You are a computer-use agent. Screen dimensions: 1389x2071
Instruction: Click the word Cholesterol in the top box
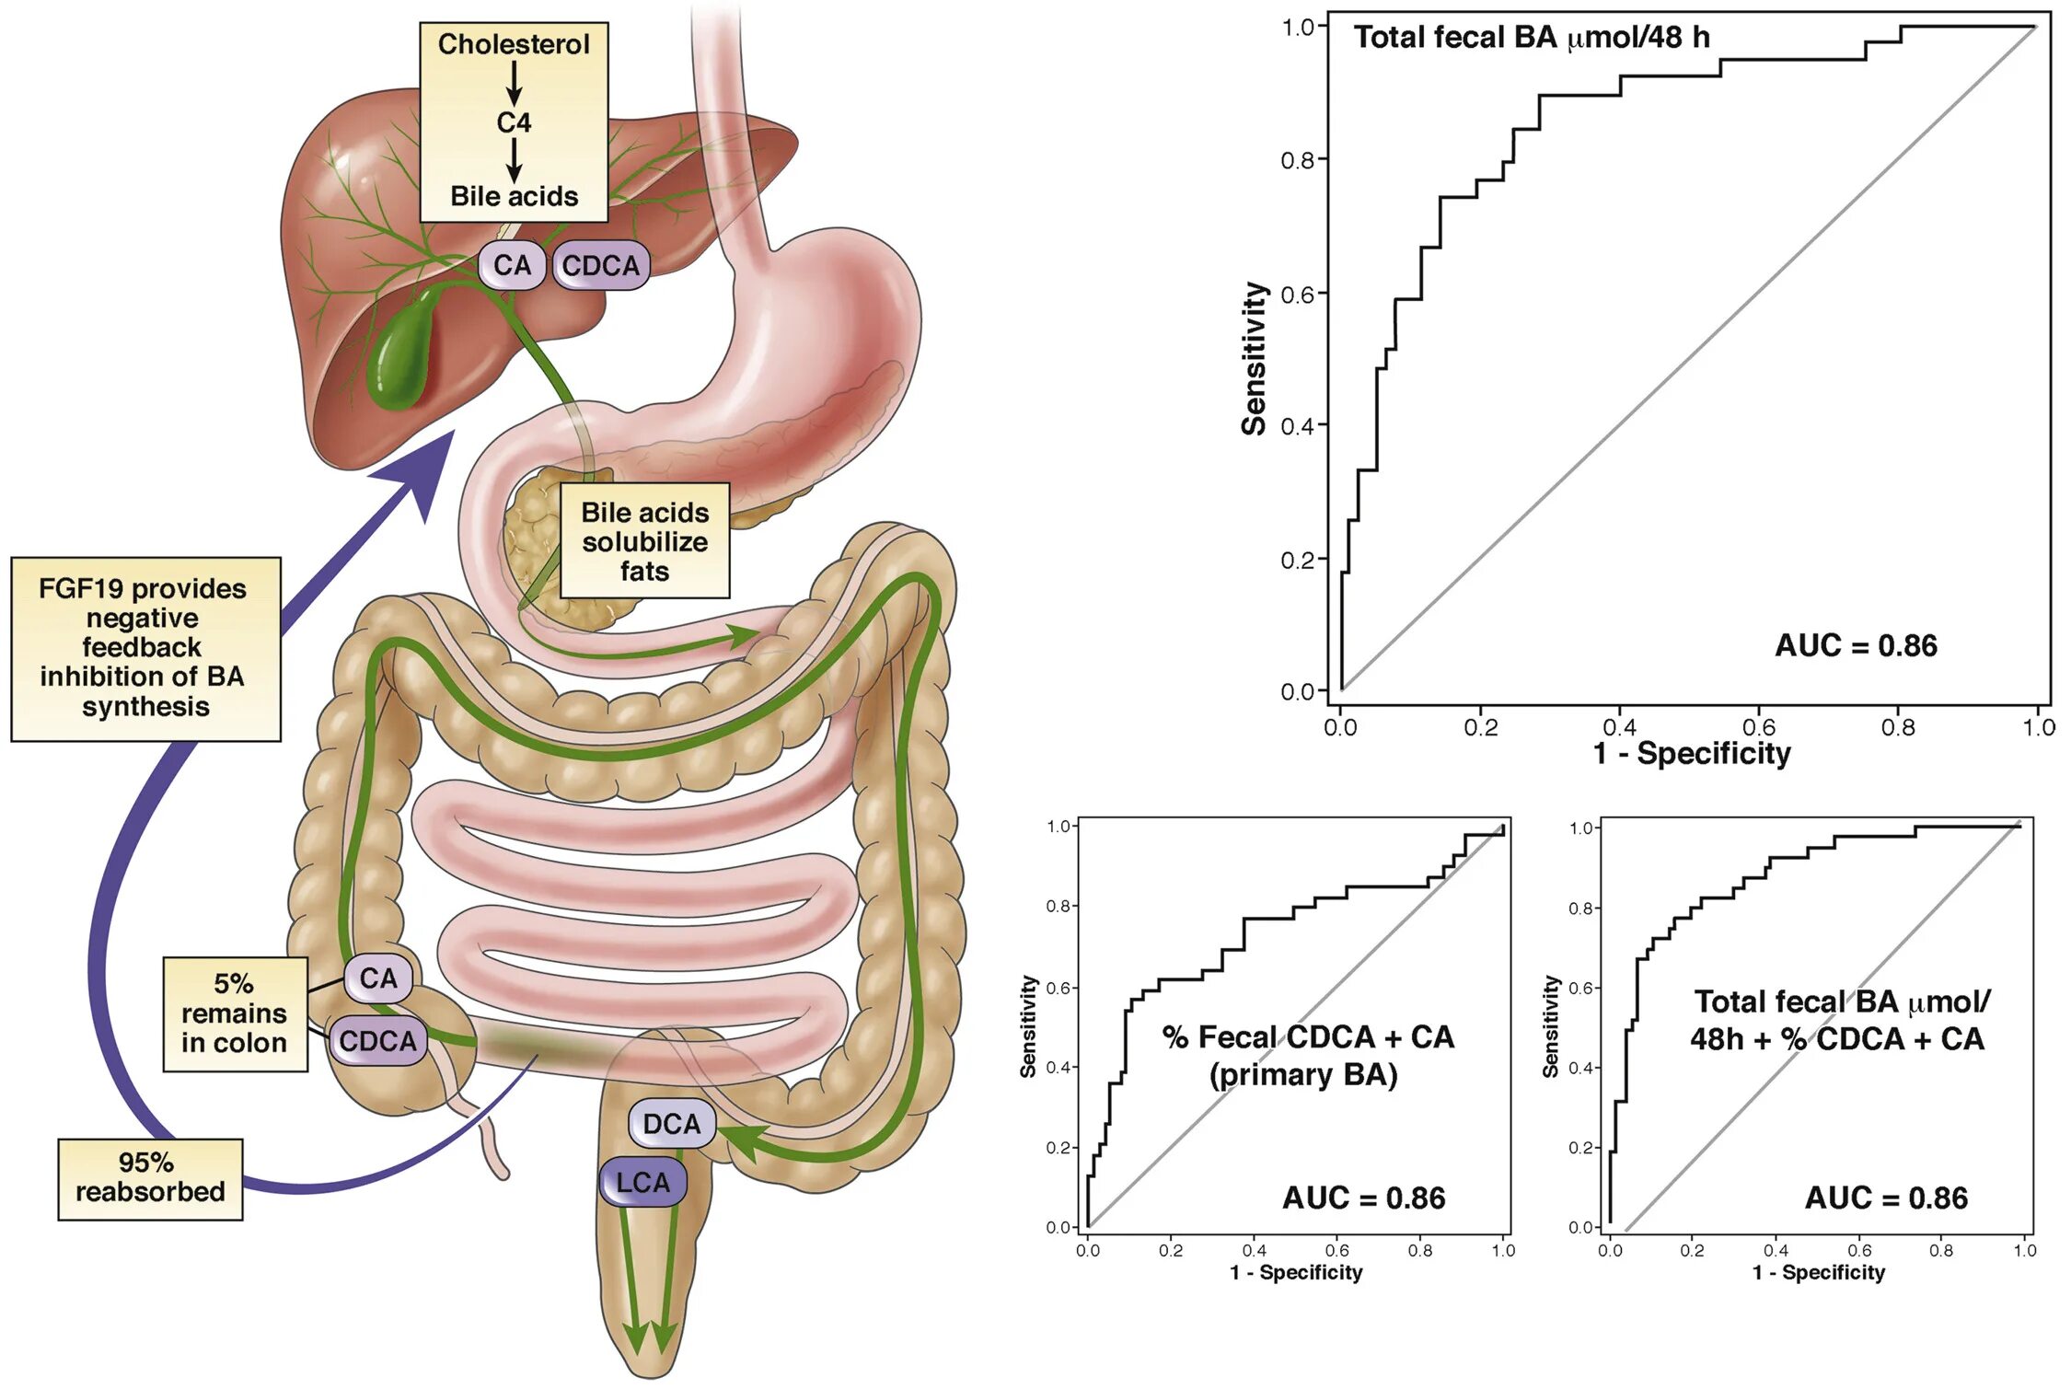coord(514,44)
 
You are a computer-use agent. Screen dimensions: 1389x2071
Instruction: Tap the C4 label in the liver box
coord(514,122)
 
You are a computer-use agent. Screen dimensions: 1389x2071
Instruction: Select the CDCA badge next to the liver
coord(600,266)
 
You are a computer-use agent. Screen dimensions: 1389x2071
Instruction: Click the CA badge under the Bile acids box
coord(512,266)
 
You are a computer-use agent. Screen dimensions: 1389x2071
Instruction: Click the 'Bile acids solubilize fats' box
coord(644,541)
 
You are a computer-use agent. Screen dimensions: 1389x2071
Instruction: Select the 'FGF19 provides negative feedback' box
coord(145,648)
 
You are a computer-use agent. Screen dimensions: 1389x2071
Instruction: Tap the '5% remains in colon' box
coord(235,1013)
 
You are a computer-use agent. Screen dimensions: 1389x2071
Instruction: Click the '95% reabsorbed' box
coord(150,1178)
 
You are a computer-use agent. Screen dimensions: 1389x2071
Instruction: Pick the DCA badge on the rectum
coord(671,1124)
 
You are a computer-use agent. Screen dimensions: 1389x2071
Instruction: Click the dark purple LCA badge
coord(642,1182)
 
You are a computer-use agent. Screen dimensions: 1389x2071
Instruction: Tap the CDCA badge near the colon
coord(377,1041)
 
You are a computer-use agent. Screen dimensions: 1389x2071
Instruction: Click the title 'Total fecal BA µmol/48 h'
coord(1532,38)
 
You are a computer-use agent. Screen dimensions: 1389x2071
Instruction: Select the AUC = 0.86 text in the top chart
coord(1856,646)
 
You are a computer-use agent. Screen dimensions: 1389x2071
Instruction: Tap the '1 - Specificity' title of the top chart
coord(1692,754)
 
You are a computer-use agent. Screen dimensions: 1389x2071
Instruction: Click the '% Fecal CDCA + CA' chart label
coord(1307,1037)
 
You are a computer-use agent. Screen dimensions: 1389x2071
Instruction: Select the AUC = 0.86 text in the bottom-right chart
coord(1886,1198)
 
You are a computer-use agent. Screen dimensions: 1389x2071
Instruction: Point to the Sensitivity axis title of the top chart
coord(1254,359)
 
